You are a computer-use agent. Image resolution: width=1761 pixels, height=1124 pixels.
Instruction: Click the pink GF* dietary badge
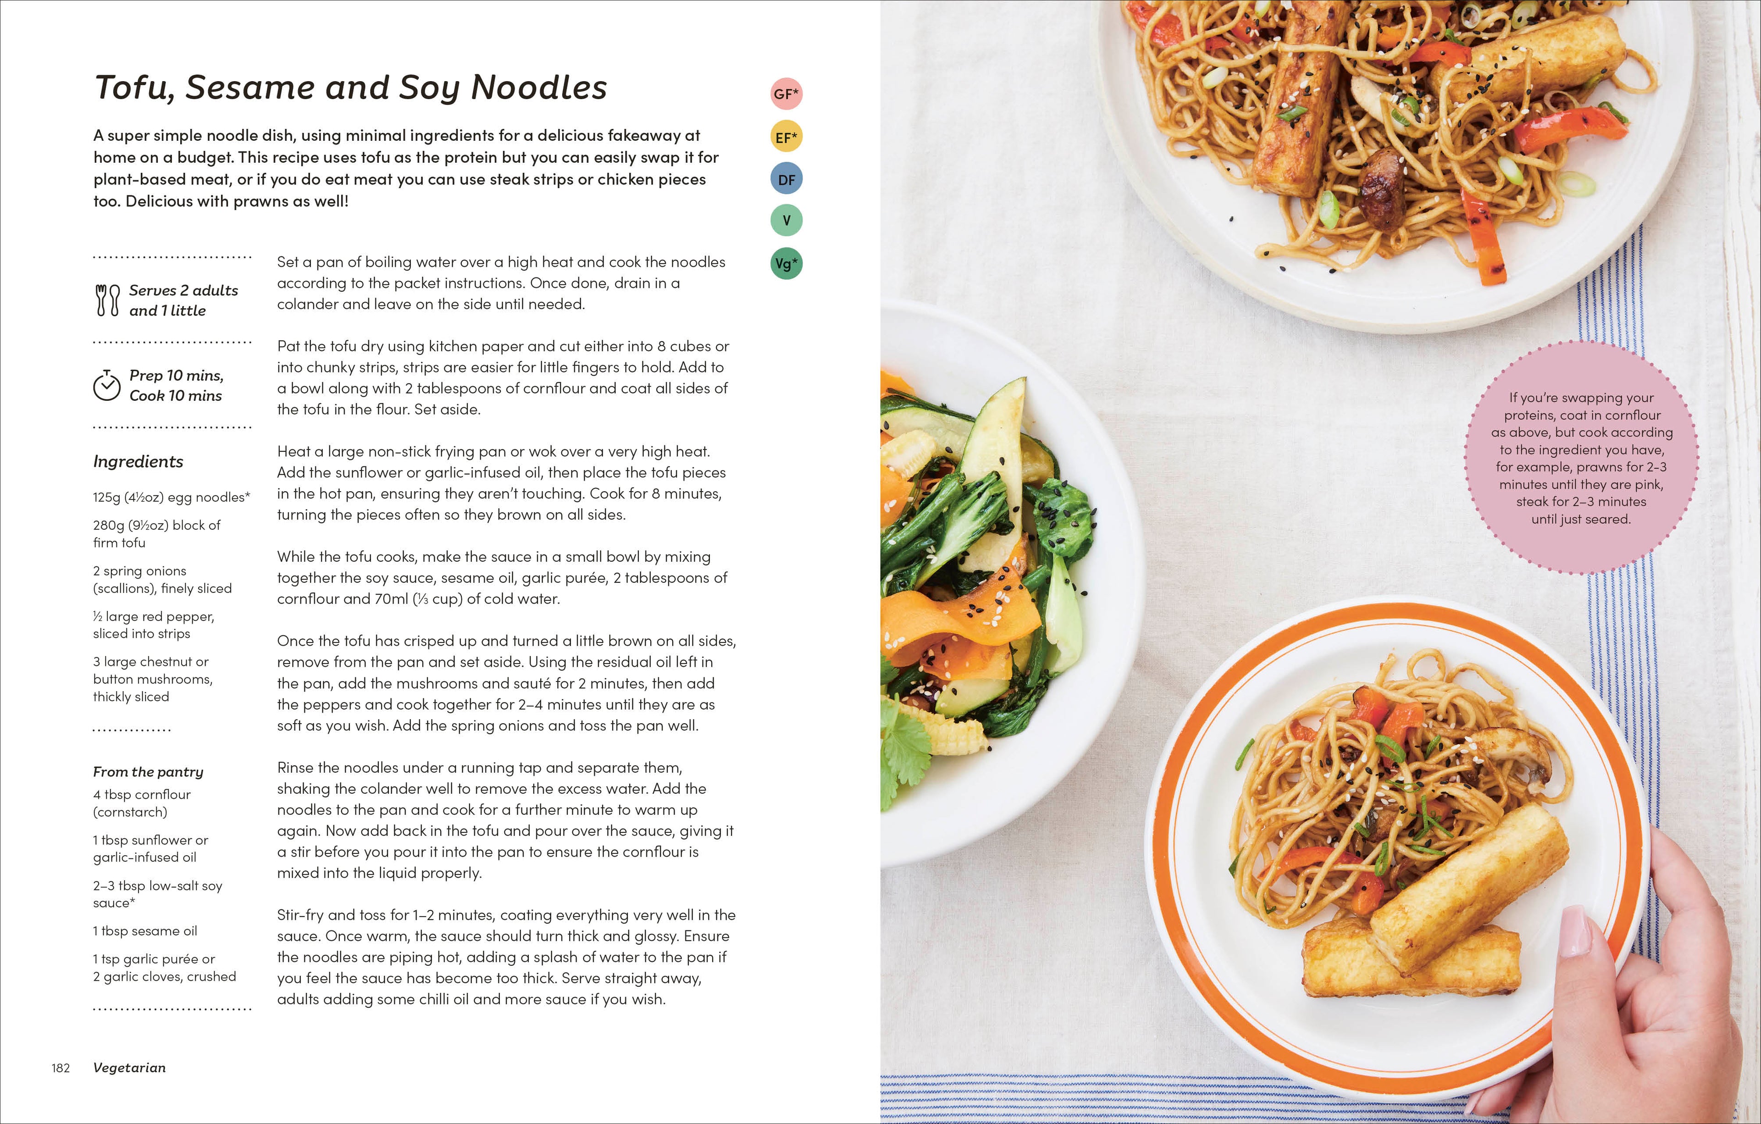tap(786, 94)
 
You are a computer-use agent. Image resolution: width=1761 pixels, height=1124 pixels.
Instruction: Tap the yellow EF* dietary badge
tap(786, 137)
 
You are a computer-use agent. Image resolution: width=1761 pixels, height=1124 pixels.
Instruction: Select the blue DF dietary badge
tap(786, 179)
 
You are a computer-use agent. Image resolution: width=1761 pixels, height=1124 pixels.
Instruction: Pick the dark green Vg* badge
tap(786, 263)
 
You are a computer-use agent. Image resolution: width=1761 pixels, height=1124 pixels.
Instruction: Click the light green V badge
tap(786, 220)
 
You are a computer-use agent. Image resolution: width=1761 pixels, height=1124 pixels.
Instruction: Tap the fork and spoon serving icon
tap(107, 300)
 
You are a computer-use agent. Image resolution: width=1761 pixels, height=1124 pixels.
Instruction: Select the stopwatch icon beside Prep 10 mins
tap(107, 385)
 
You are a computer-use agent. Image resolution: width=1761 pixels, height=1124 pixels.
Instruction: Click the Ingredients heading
tap(138, 461)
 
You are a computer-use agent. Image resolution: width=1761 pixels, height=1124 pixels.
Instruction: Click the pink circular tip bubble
tap(1581, 457)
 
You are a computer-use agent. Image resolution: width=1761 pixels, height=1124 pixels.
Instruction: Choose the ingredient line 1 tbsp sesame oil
tap(145, 931)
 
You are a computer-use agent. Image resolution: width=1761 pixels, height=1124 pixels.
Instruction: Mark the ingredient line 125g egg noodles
tap(171, 497)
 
